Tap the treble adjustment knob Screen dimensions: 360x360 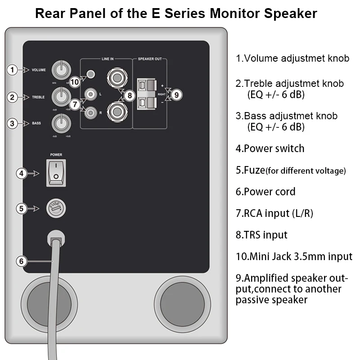[x=60, y=96]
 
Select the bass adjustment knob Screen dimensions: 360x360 [x=60, y=122]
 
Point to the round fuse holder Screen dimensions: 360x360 [x=57, y=208]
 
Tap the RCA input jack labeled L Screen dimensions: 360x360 [x=92, y=94]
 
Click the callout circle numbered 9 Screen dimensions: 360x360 [x=176, y=95]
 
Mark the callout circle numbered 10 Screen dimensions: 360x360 [x=75, y=81]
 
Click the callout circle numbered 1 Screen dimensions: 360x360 [x=13, y=70]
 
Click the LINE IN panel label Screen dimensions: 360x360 [x=106, y=59]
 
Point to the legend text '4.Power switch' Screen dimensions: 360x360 [x=270, y=148]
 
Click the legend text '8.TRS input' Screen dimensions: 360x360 [x=261, y=234]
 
